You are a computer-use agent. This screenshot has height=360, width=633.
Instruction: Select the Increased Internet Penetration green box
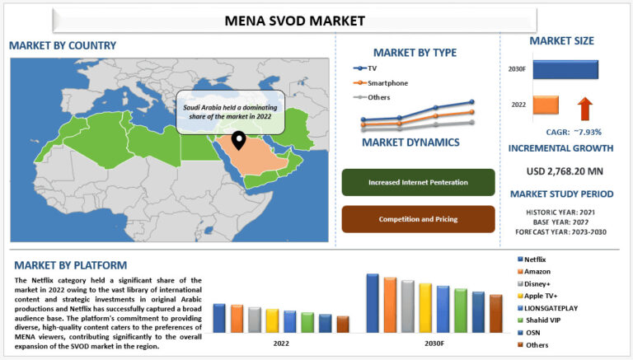(x=418, y=182)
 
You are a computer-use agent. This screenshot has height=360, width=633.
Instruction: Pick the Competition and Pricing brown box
(x=418, y=219)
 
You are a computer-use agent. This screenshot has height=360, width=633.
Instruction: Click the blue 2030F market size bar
(x=565, y=69)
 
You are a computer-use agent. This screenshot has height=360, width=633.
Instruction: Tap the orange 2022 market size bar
(x=546, y=105)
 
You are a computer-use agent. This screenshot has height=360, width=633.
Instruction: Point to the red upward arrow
(x=584, y=106)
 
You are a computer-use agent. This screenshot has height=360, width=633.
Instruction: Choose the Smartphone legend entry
(x=387, y=82)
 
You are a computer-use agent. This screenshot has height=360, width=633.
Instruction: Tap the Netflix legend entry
(x=536, y=259)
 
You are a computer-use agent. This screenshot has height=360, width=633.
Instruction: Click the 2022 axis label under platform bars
(x=281, y=343)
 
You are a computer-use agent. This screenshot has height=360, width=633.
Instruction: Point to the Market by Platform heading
(x=71, y=265)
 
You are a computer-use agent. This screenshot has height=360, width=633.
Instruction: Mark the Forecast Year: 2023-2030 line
(x=560, y=231)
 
